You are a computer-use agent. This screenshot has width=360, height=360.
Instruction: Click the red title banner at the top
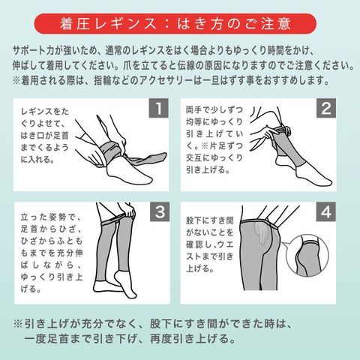[x=175, y=24]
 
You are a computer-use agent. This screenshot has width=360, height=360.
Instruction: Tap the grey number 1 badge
[x=159, y=108]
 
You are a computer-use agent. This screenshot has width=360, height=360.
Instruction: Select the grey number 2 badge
[x=326, y=108]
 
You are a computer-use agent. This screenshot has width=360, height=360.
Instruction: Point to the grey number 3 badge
[x=160, y=211]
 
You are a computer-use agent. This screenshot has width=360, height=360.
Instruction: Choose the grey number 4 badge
[x=326, y=211]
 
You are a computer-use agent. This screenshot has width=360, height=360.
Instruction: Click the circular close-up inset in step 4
[x=307, y=256]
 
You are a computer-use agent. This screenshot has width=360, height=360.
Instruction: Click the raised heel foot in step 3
[x=125, y=283]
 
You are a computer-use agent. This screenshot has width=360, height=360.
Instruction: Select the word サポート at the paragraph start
[x=29, y=51]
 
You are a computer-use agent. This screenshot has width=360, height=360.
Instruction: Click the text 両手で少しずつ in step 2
[x=214, y=110]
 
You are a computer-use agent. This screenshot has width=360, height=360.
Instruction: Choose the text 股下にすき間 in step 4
[x=209, y=220]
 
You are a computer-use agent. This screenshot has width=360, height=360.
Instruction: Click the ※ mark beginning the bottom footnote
[x=18, y=324]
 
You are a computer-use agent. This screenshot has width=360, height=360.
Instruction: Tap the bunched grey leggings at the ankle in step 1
[x=110, y=152]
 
